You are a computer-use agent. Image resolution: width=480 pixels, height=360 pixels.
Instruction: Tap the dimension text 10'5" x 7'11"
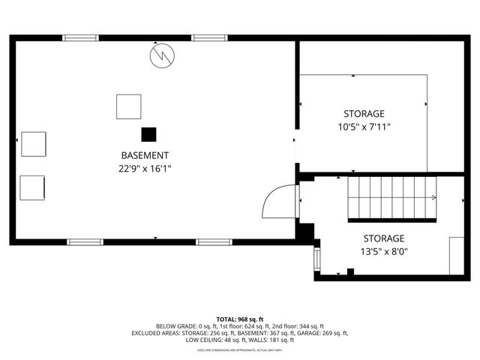[x=364, y=127]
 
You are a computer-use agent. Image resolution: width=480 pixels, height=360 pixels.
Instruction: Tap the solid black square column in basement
[x=149, y=134]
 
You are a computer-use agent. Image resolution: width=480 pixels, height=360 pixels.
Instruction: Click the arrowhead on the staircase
[x=434, y=198]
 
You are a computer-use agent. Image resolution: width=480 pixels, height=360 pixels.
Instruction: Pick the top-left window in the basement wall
[x=80, y=37]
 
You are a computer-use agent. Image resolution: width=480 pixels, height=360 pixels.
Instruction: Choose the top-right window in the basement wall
[x=209, y=37]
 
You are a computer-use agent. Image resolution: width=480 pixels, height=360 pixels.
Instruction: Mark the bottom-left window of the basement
[x=85, y=241]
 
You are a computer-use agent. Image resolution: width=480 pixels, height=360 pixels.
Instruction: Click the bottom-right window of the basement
[x=214, y=241]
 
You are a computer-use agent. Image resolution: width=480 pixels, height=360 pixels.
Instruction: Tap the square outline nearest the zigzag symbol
[x=128, y=106]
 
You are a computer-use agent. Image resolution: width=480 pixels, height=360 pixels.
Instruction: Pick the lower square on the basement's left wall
[x=32, y=187]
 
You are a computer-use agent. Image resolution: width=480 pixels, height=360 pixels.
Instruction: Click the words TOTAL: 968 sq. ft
[x=240, y=319]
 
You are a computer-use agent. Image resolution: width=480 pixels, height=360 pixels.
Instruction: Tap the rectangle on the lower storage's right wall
[x=456, y=255]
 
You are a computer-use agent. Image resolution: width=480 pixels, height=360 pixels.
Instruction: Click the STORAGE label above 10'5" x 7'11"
[x=364, y=113]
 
